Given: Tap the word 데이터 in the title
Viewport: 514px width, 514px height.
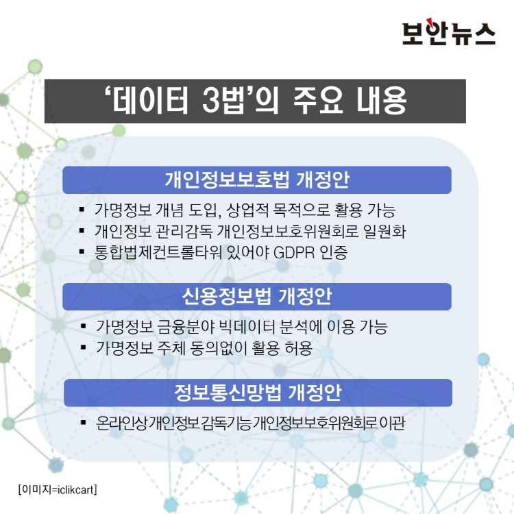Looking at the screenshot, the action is [151, 100].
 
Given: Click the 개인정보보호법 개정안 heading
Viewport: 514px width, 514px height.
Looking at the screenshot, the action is [257, 180].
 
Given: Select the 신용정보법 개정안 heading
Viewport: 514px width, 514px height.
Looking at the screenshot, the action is [257, 297].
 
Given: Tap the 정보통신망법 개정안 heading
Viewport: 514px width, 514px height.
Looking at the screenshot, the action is [258, 393].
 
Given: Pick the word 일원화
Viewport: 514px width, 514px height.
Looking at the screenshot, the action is [384, 232].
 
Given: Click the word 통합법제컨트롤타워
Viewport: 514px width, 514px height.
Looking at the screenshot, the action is [158, 252].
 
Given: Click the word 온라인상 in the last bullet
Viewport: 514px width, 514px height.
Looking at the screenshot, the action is [121, 423].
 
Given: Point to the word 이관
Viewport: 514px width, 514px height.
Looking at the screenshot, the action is [393, 423].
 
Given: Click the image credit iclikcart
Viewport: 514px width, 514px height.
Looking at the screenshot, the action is [75, 489].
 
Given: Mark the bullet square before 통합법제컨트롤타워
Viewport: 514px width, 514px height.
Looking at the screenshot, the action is [82, 252].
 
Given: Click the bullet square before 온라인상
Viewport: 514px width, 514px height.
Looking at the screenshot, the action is [83, 422].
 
